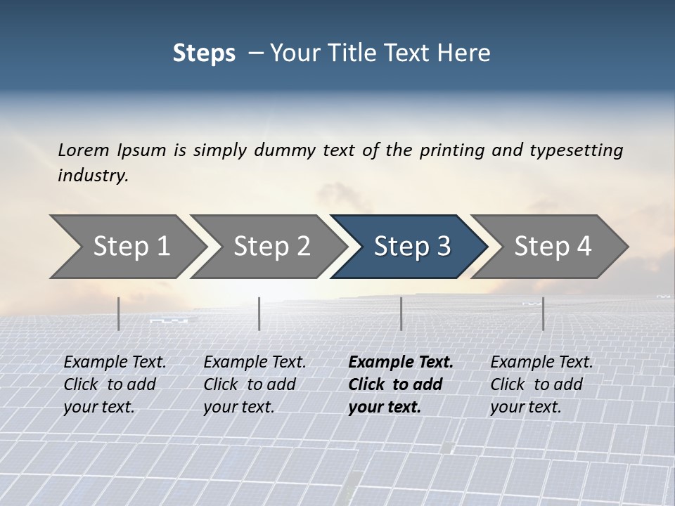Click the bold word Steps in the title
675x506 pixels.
204,53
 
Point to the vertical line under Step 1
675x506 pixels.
119,313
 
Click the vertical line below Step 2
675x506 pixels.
259,313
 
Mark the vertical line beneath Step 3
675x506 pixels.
401,313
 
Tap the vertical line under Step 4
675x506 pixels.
543,313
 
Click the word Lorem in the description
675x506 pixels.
84,150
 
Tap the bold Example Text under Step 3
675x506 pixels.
401,362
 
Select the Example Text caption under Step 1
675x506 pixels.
115,362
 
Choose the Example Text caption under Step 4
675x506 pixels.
541,362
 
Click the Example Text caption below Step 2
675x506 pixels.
255,362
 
